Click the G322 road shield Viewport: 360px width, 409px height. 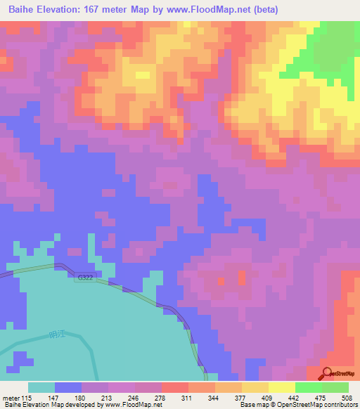pyautogui.click(x=85, y=278)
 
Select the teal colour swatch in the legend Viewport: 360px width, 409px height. pyautogui.click(x=41, y=387)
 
